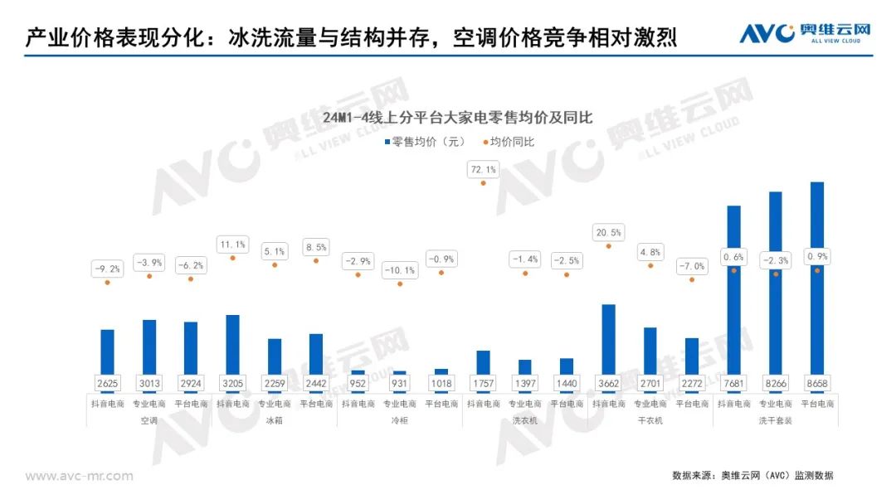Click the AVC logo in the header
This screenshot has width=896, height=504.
click(x=805, y=33)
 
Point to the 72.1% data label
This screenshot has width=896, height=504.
click(x=483, y=170)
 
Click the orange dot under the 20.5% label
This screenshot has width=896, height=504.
click(x=608, y=245)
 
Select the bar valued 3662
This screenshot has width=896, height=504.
click(x=608, y=340)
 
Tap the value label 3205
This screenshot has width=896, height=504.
click(x=232, y=384)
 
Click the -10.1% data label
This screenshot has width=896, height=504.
click(x=399, y=270)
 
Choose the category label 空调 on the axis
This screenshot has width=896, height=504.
click(x=149, y=420)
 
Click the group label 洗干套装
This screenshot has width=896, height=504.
click(x=775, y=420)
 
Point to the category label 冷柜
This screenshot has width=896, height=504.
click(x=399, y=420)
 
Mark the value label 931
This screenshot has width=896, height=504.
click(x=399, y=384)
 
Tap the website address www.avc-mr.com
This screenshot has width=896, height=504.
click(x=79, y=476)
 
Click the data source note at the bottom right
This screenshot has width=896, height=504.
click(x=752, y=476)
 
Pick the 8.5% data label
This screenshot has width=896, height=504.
click(x=316, y=246)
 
